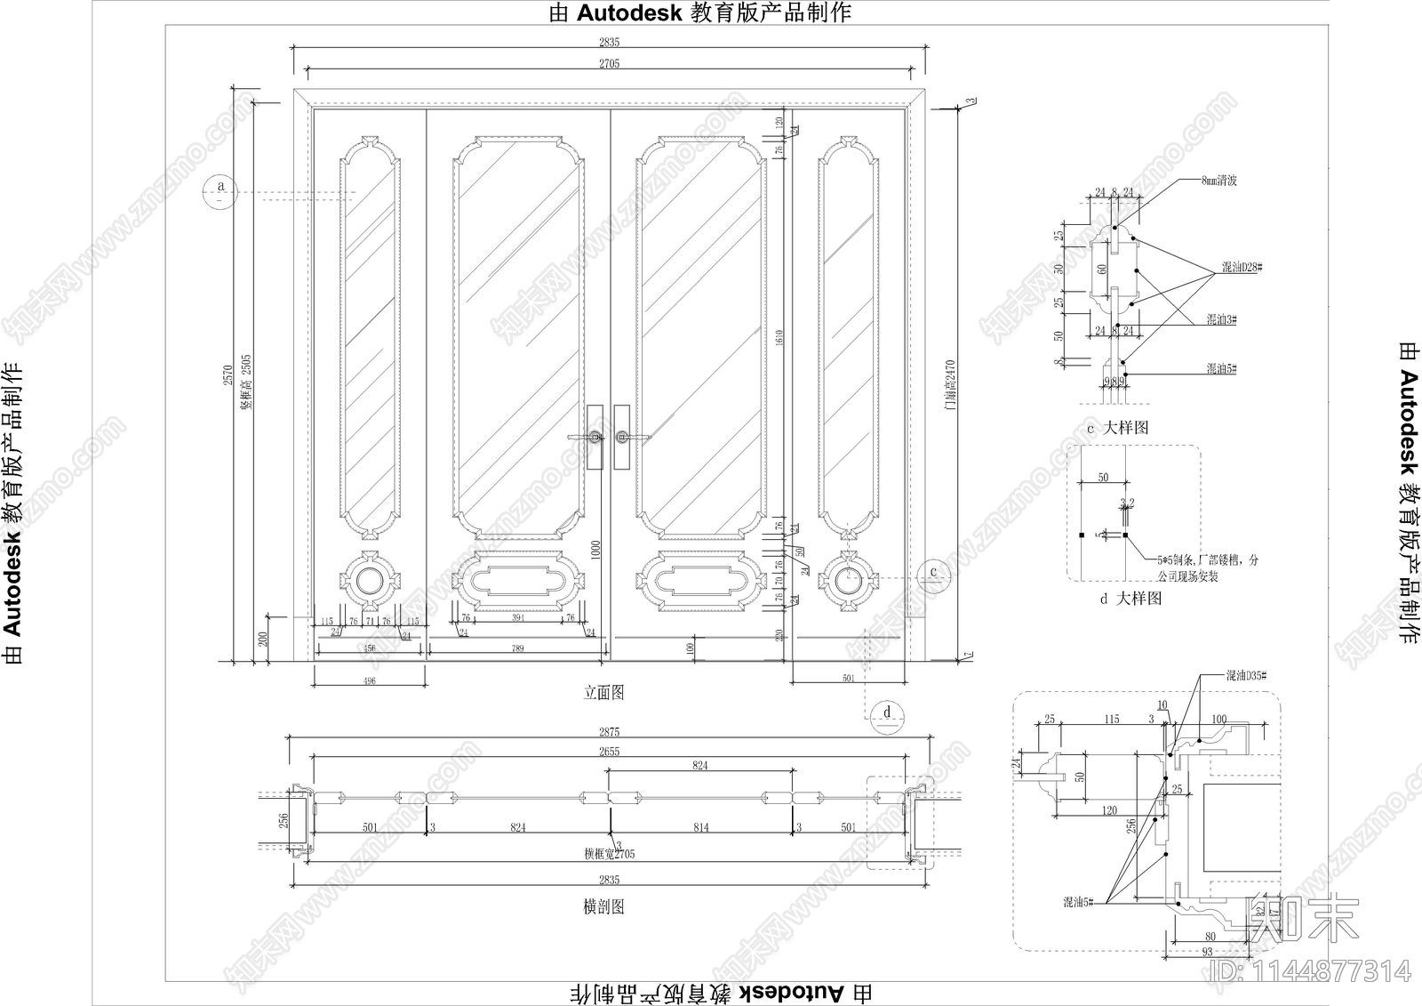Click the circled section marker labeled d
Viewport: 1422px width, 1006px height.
point(887,715)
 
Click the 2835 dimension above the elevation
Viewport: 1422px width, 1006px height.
point(610,42)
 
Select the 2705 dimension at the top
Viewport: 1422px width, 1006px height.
point(610,63)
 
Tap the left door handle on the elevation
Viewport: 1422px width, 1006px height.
point(594,437)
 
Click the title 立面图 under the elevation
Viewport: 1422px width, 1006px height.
point(603,693)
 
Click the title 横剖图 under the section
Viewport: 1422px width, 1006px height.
point(603,906)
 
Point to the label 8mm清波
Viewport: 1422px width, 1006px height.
point(1218,181)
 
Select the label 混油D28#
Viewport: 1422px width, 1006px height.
point(1241,268)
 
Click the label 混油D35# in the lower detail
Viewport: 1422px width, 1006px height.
point(1246,676)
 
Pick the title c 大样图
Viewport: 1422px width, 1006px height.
point(1118,428)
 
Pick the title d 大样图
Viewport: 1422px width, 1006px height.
point(1130,599)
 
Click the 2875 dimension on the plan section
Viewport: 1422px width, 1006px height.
point(609,732)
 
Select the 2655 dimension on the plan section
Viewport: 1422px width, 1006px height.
point(609,752)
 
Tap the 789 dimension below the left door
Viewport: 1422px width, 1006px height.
point(518,649)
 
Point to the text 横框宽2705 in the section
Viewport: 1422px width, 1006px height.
point(610,854)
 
